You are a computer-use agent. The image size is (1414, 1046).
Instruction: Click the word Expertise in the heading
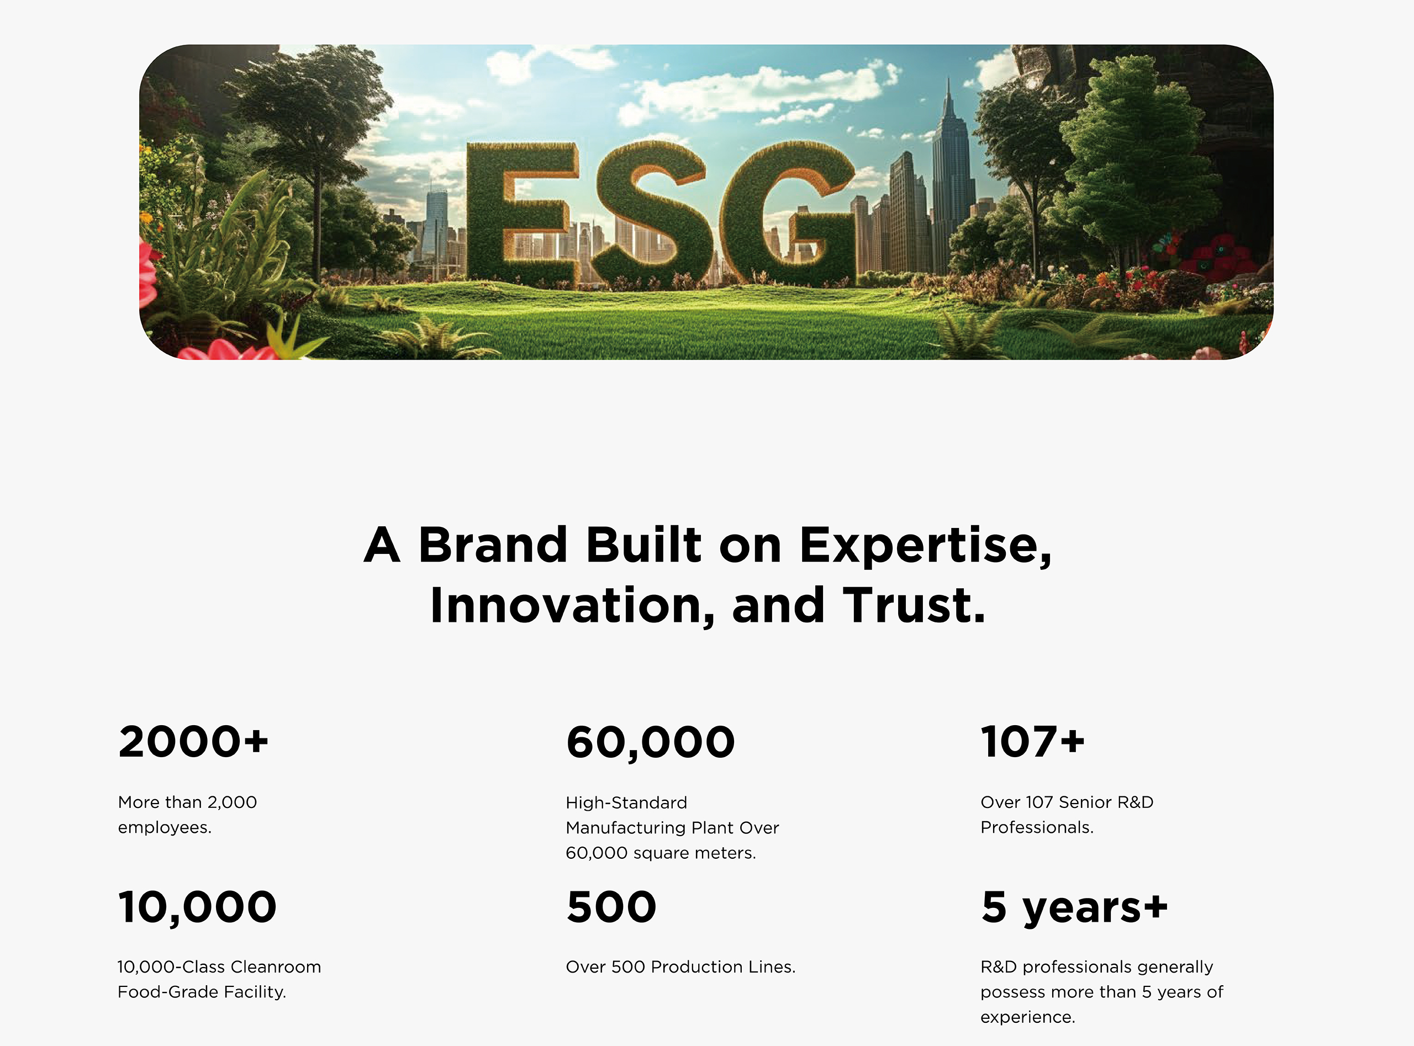(925, 546)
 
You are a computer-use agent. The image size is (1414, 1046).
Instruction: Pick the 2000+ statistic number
(193, 742)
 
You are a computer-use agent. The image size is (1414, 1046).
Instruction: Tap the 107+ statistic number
(1033, 742)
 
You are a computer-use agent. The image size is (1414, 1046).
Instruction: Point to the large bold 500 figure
(611, 907)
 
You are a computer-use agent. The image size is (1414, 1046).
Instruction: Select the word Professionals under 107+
(1037, 827)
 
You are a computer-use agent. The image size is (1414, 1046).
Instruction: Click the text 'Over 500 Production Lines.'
(680, 967)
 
